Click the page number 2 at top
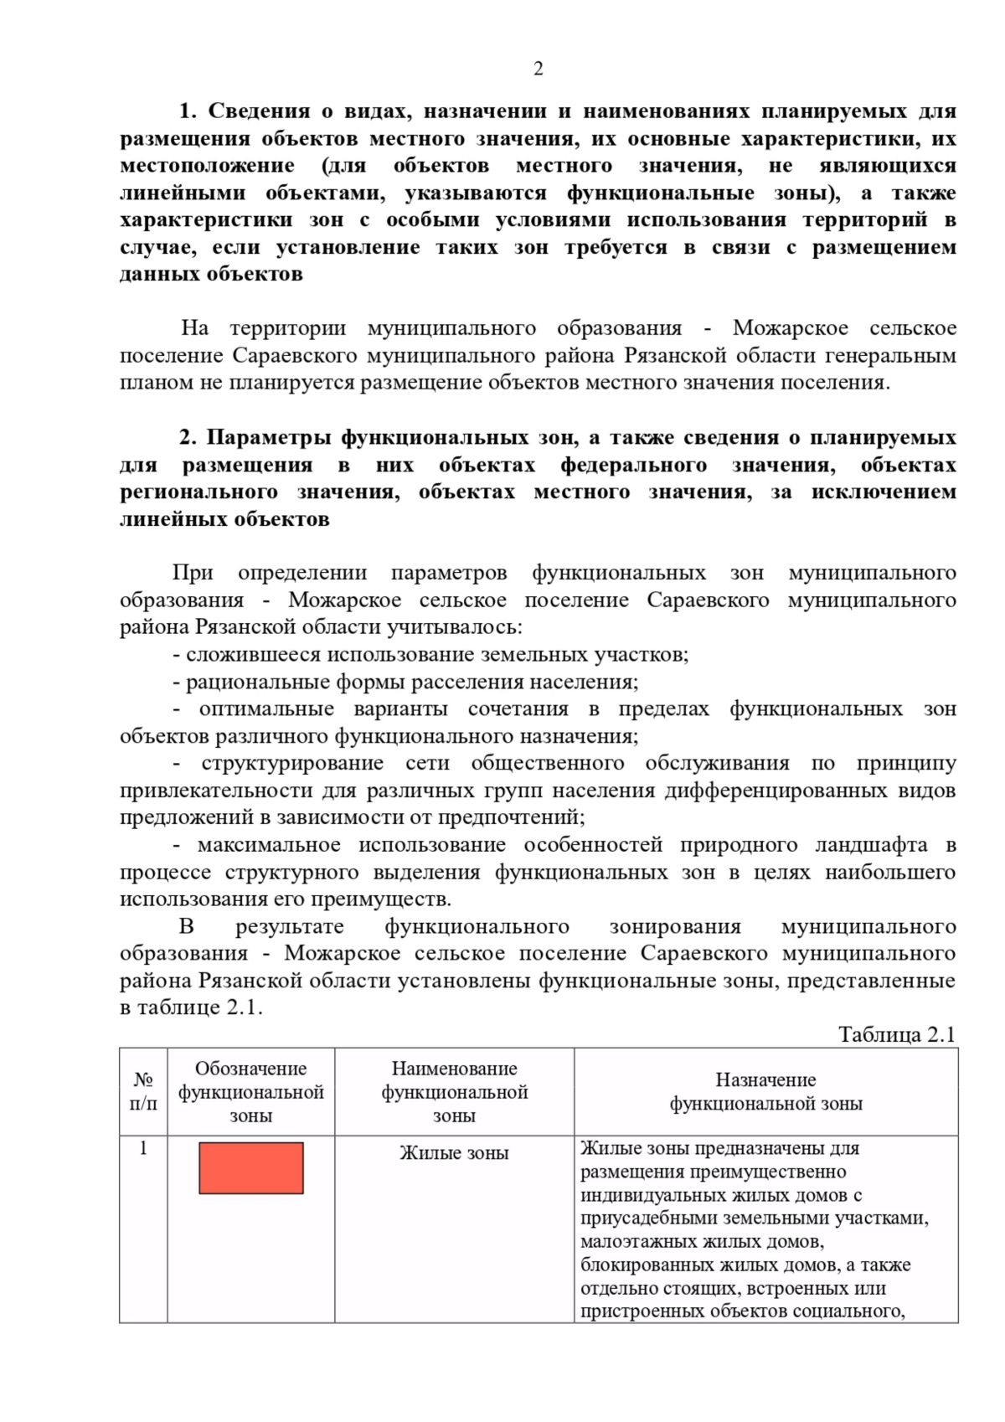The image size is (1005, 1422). [x=538, y=69]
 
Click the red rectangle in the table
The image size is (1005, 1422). [x=250, y=1167]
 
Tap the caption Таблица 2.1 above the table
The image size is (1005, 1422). [x=896, y=1034]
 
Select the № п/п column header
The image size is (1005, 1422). [x=143, y=1092]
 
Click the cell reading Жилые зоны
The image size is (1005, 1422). [x=454, y=1153]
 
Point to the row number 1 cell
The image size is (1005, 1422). [x=143, y=1148]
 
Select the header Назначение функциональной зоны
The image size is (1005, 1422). [x=765, y=1092]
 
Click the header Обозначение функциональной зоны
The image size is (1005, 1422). [x=250, y=1092]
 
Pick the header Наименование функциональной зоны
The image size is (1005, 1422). [x=454, y=1092]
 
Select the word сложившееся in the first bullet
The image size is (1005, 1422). [x=253, y=654]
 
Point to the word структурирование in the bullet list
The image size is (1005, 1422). [x=292, y=763]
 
